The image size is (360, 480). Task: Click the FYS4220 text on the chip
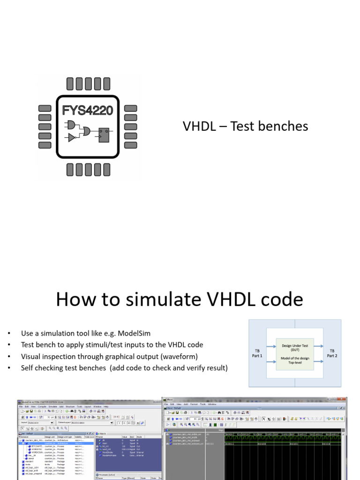click(x=88, y=111)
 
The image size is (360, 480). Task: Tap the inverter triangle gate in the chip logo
click(x=72, y=137)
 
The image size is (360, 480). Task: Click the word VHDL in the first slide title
click(x=197, y=126)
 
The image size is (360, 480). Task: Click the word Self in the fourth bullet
click(x=28, y=368)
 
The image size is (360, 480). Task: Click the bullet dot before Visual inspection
click(x=8, y=357)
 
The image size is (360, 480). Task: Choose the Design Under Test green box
click(x=295, y=354)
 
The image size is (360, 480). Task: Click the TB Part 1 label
click(x=257, y=353)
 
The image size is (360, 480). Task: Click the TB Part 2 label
click(x=332, y=353)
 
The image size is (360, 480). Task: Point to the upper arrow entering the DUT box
click(x=271, y=347)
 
